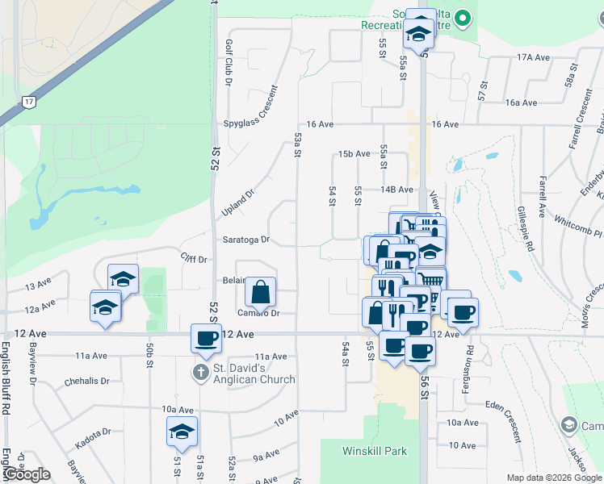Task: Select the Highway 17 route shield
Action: pos(29,102)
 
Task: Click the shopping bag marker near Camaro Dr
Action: pos(260,294)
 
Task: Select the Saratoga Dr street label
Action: pos(247,240)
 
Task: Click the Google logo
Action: pos(27,474)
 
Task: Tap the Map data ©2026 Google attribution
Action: pos(553,478)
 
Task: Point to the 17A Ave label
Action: pos(534,57)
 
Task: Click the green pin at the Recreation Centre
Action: pos(463,17)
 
